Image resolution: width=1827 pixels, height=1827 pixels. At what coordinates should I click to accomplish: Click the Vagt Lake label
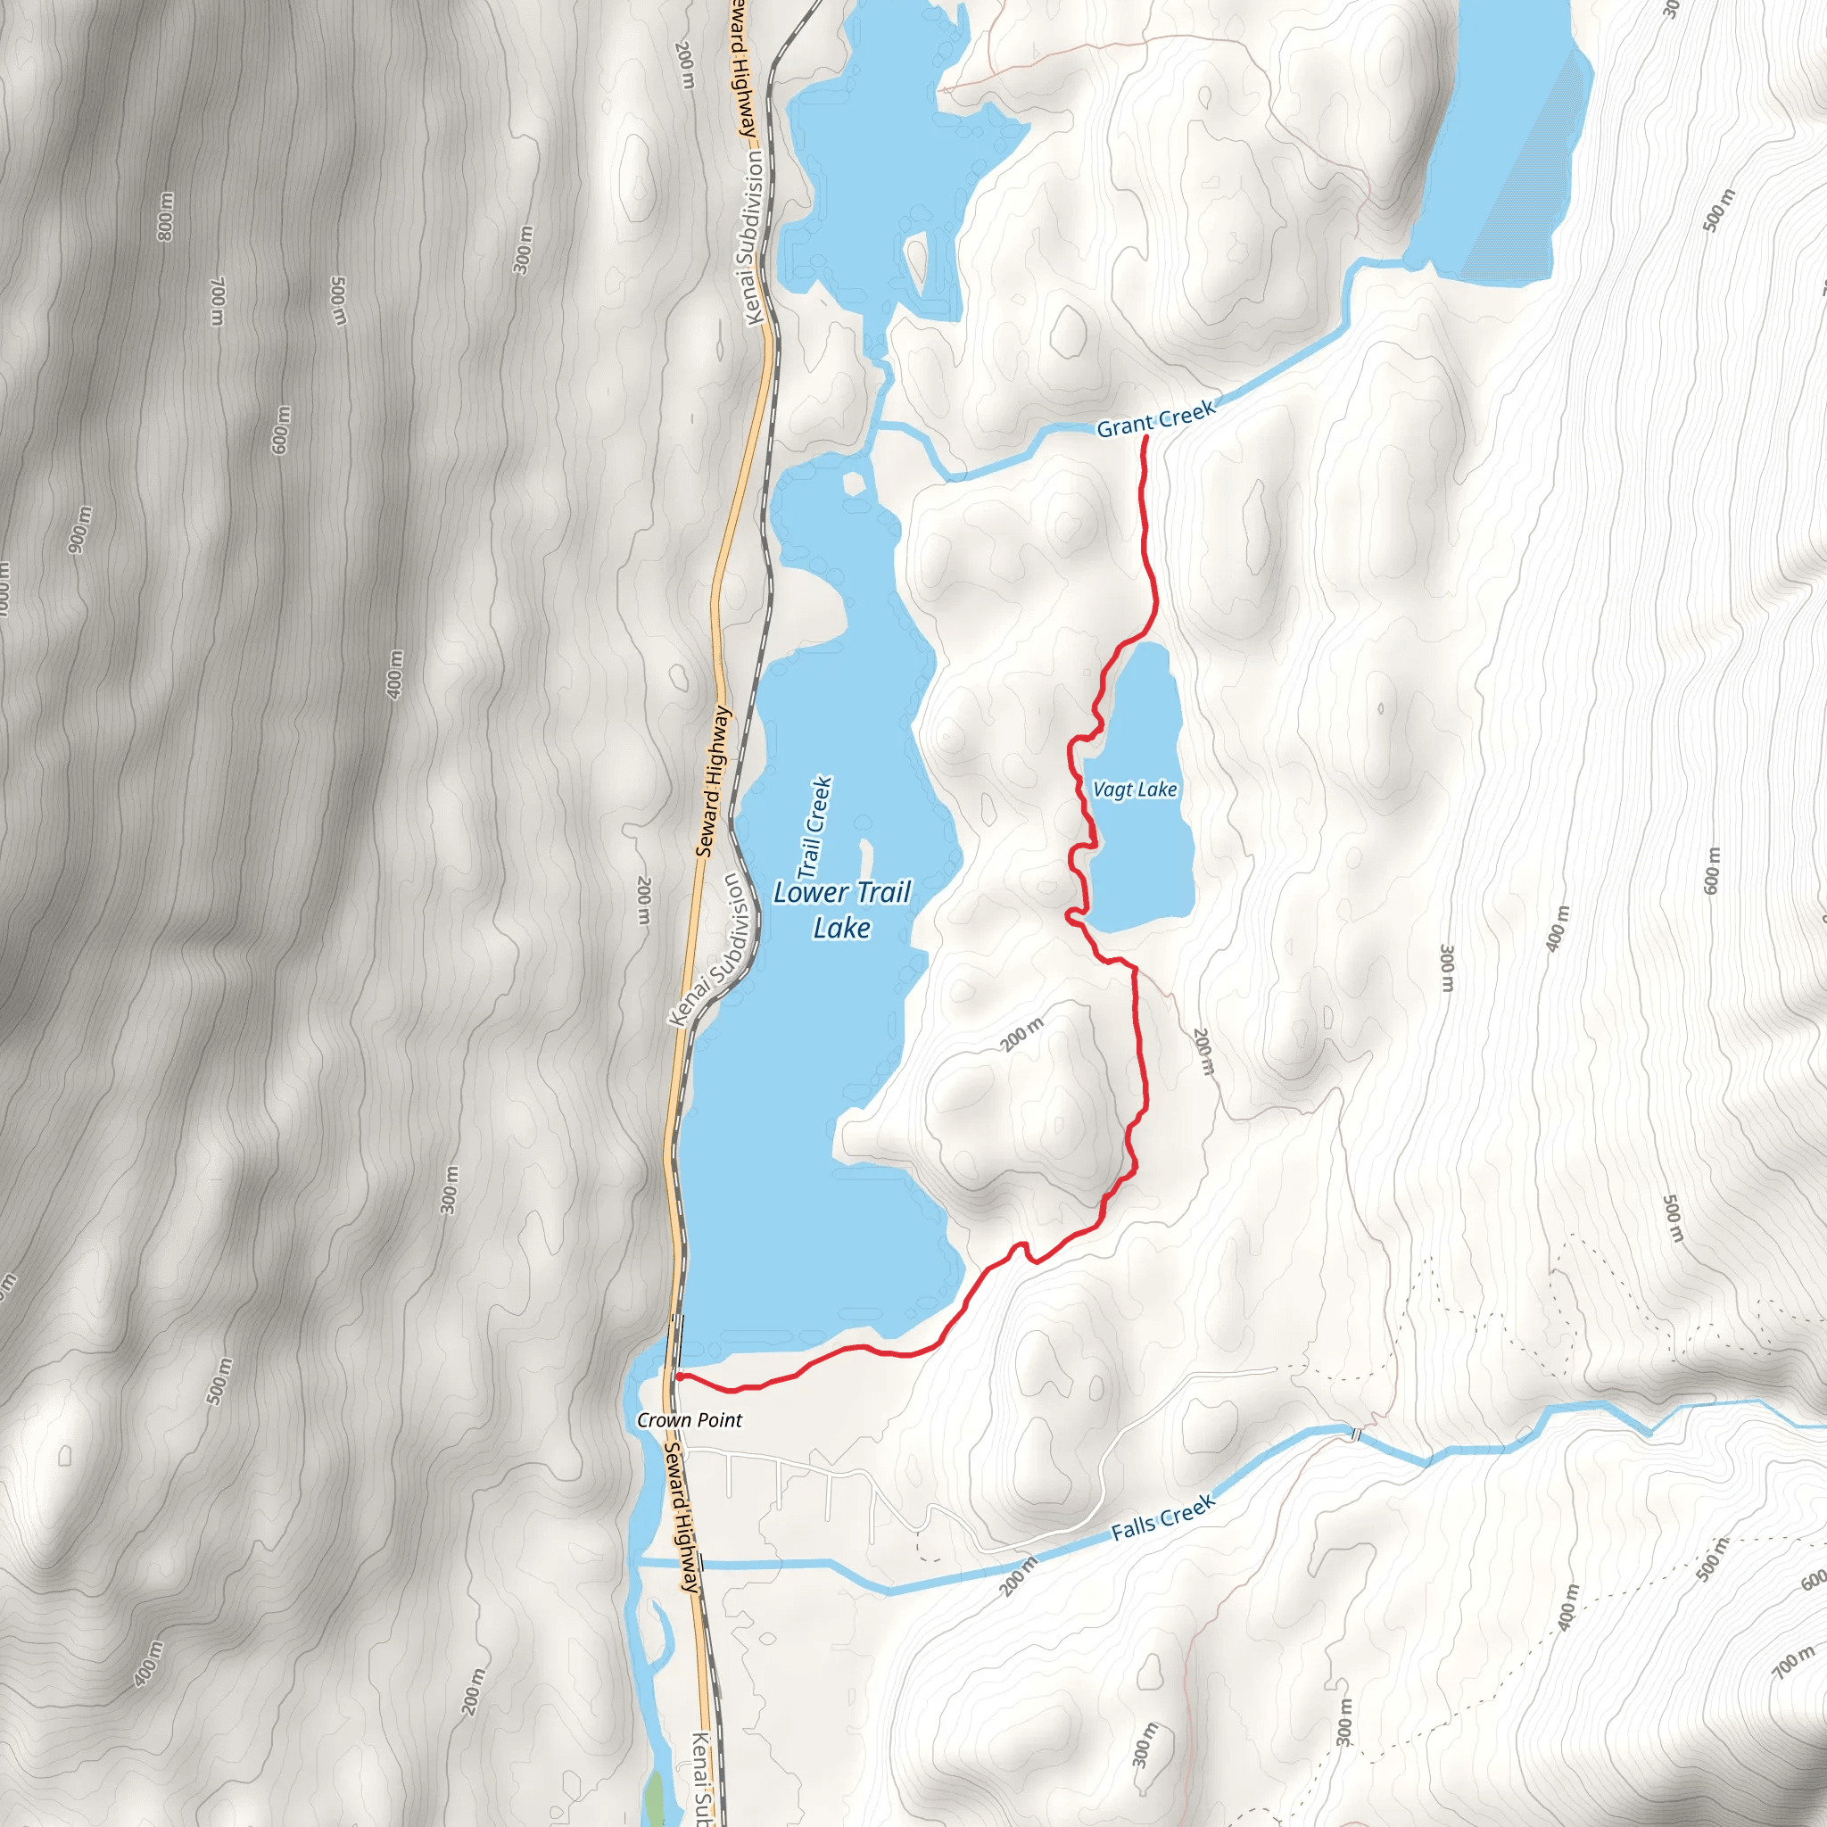pos(1135,789)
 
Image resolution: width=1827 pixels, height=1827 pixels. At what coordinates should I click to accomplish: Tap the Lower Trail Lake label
pos(841,910)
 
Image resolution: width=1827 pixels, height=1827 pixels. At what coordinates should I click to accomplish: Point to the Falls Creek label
pos(1162,1517)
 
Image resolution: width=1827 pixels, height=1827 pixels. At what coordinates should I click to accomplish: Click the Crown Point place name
pos(690,1420)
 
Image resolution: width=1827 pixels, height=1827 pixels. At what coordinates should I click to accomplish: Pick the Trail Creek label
pos(814,826)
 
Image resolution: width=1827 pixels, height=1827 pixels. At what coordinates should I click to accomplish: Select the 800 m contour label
pos(166,217)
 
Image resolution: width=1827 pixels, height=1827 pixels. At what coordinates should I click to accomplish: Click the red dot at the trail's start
pos(680,1376)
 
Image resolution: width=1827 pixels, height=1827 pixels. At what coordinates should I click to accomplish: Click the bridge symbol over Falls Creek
pos(1357,1434)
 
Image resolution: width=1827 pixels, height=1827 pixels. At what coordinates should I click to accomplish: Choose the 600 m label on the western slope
pos(281,430)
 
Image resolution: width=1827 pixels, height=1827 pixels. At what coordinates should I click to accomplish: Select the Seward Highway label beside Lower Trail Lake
pos(714,781)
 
